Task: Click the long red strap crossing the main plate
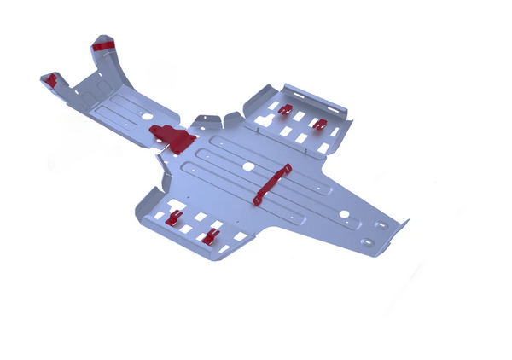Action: [271, 185]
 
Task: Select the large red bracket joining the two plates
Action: [172, 137]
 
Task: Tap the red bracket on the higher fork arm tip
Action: [104, 44]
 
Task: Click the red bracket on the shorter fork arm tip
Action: [51, 80]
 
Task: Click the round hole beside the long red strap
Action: [248, 166]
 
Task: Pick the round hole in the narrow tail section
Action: [344, 214]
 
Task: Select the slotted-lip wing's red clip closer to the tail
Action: [319, 125]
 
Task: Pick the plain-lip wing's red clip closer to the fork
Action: [174, 218]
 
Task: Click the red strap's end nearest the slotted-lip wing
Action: [287, 169]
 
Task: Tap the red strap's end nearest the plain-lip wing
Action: [257, 200]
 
